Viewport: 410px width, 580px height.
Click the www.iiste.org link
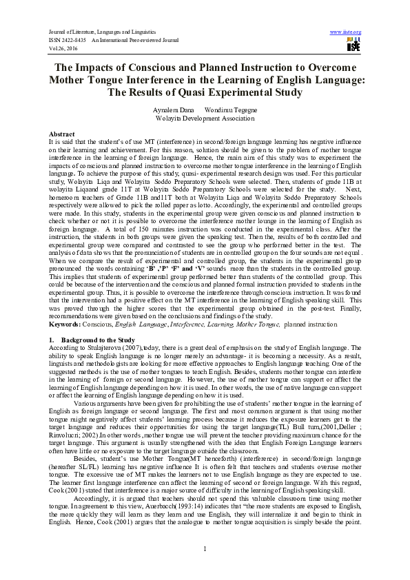tap(346, 32)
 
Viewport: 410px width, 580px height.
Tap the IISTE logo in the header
tap(353, 45)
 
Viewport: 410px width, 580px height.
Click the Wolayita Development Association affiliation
tap(205, 118)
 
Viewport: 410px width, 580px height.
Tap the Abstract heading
tap(62, 132)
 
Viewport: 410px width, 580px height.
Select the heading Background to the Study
tap(96, 340)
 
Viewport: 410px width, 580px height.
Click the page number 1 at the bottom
tap(205, 548)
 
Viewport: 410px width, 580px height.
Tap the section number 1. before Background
tap(51, 340)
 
